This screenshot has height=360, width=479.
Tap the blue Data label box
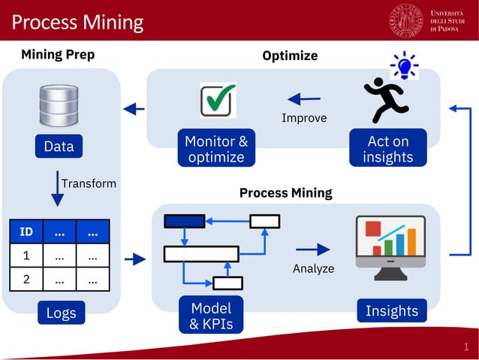click(x=59, y=147)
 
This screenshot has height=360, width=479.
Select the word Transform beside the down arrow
click(x=89, y=183)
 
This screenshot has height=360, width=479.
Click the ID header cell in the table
click(x=26, y=232)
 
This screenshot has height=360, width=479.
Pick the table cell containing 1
click(x=26, y=256)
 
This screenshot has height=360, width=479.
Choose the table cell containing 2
click(x=26, y=280)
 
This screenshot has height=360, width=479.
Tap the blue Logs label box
click(x=61, y=313)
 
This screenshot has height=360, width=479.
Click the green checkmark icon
click(x=218, y=100)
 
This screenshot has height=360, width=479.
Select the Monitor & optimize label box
click(x=216, y=149)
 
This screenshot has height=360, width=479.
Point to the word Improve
click(x=304, y=118)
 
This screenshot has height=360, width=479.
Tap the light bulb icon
click(x=405, y=66)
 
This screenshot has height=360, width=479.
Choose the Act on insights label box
click(x=387, y=149)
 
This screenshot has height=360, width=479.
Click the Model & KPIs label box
click(x=211, y=316)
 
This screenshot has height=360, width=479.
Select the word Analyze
click(x=313, y=268)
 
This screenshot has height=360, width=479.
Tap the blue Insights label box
click(x=391, y=310)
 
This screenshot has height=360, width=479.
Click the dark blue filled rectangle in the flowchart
click(x=184, y=221)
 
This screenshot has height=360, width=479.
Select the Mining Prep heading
click(x=58, y=54)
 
